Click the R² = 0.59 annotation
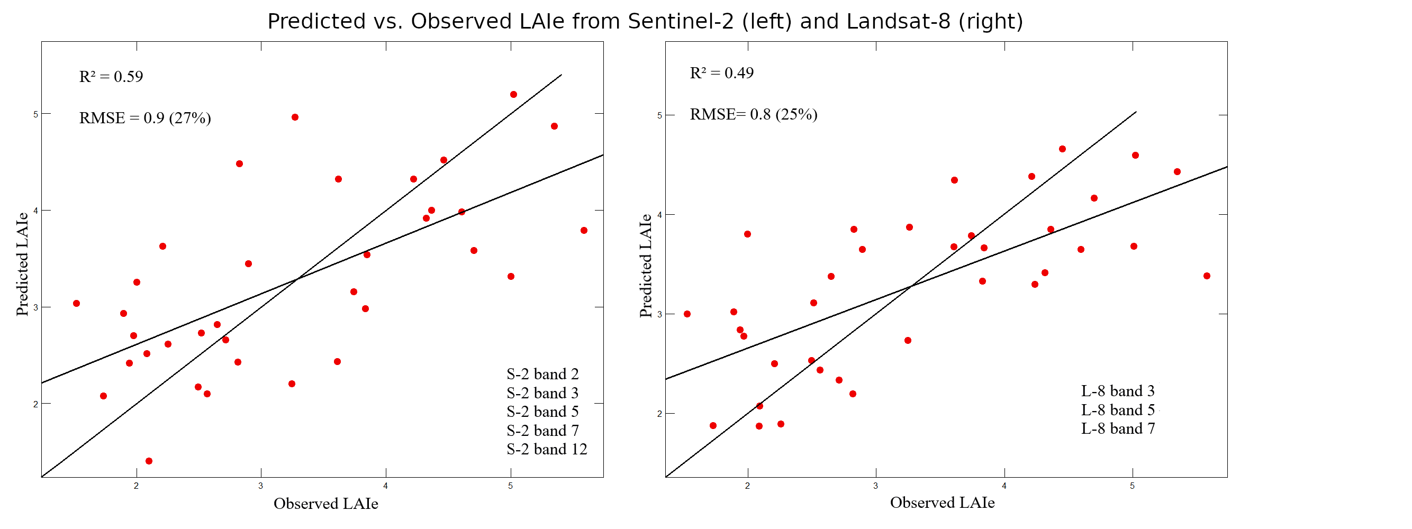coord(111,77)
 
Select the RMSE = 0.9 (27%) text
coord(144,118)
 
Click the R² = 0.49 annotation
coord(721,73)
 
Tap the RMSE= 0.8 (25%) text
coord(753,114)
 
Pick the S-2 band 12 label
coord(547,450)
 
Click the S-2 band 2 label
coord(542,375)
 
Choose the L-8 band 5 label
coord(1118,410)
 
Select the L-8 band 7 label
coord(1118,429)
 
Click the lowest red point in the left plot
coord(149,461)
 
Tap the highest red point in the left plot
coord(513,95)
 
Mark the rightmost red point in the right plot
coord(1207,276)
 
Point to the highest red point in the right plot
coord(1062,149)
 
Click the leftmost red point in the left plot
coord(76,303)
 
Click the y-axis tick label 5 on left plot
coord(36,114)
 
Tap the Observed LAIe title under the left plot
coord(325,504)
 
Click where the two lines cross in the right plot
coord(910,286)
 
